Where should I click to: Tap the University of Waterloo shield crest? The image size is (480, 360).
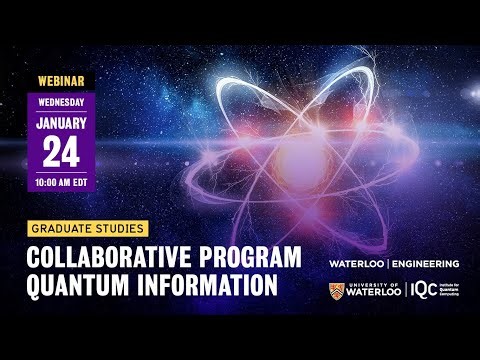coord(336,292)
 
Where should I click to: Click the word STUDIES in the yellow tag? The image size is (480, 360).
coord(123,228)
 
